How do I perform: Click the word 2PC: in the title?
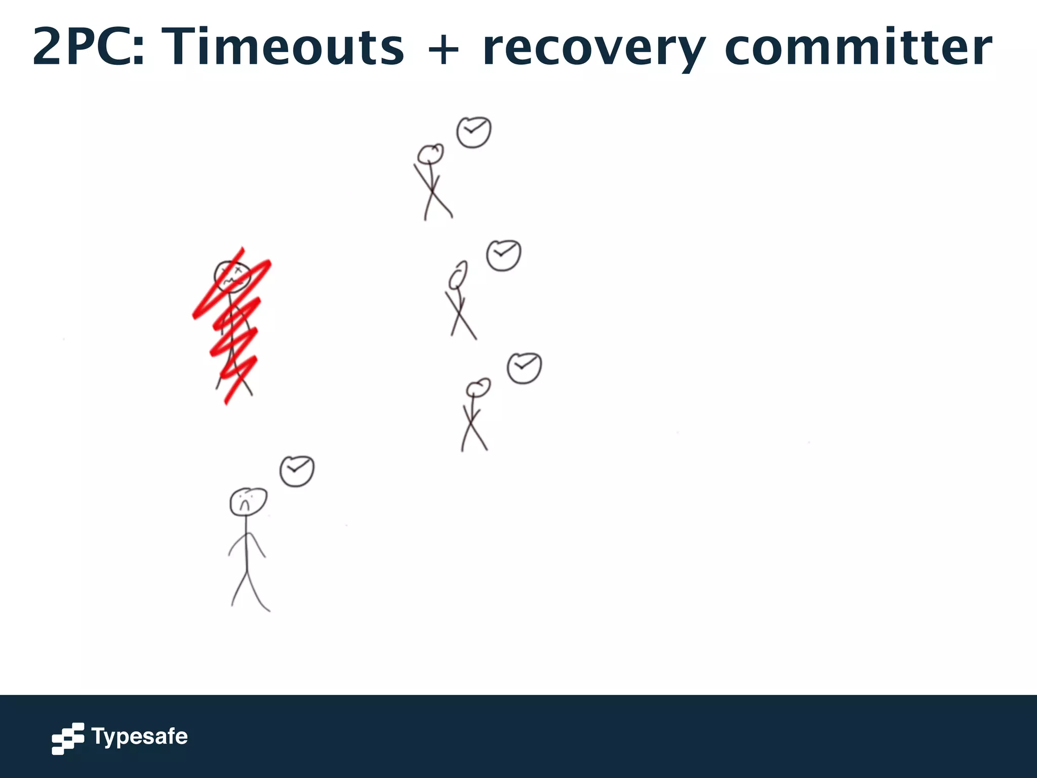tap(88, 47)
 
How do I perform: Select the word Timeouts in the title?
tap(285, 47)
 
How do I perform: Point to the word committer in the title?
tap(858, 47)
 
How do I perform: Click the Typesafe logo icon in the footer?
tap(68, 738)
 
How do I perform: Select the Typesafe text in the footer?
tap(139, 736)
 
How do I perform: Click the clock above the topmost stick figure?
tap(473, 132)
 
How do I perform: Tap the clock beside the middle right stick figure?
tap(503, 255)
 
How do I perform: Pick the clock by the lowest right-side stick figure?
tap(524, 368)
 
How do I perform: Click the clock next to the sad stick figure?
tap(297, 471)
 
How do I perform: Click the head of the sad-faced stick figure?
tap(248, 501)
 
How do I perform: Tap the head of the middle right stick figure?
tap(458, 275)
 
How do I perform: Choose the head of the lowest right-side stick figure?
tap(477, 388)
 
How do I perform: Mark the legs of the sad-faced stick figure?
tap(249, 590)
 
